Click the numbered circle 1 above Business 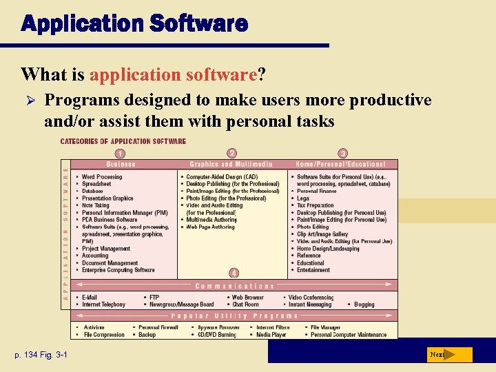(x=120, y=154)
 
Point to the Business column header (x=121, y=164)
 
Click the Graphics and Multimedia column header (x=231, y=164)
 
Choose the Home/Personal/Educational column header (x=342, y=164)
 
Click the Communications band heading (x=234, y=286)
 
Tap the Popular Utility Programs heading (x=234, y=316)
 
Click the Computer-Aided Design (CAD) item (x=222, y=177)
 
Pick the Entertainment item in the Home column (x=313, y=270)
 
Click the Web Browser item (x=247, y=297)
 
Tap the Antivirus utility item (x=94, y=327)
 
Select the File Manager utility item (x=325, y=327)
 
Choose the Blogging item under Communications (x=364, y=304)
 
